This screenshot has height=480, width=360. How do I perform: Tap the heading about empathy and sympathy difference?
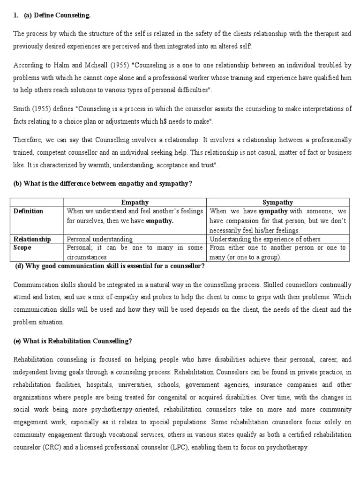103,183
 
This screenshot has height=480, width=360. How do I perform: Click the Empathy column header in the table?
135,202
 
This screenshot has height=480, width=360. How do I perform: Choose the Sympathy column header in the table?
277,202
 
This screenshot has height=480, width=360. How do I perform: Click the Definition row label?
29,211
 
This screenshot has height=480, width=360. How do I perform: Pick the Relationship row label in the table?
32,239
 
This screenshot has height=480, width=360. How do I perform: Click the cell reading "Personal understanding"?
100,239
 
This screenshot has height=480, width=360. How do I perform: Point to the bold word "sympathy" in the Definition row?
273,211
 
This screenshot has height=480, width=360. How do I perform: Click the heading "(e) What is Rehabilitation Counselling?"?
73,341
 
